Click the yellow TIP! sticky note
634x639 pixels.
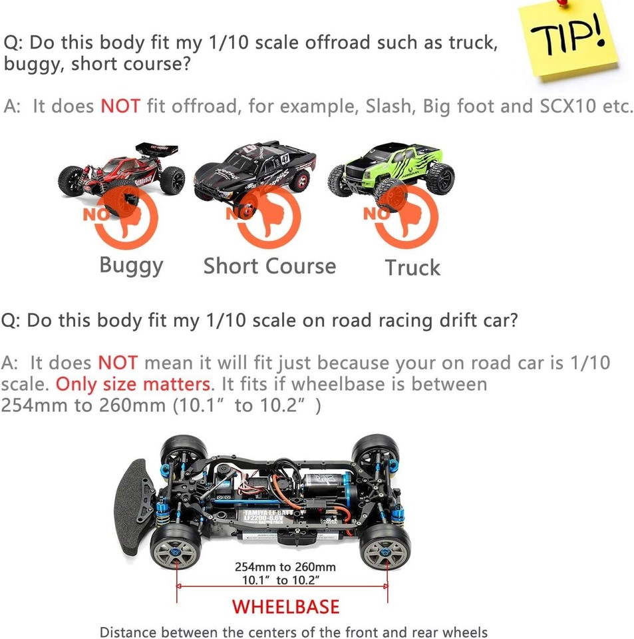pos(568,40)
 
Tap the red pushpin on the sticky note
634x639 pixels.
pos(563,2)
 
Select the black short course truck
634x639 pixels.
pos(255,171)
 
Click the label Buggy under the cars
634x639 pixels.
pos(131,266)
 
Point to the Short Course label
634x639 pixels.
pos(269,266)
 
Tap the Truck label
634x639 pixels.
pos(412,268)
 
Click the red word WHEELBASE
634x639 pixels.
pos(286,607)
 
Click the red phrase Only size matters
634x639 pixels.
pos(133,384)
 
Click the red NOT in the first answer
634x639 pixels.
pos(120,106)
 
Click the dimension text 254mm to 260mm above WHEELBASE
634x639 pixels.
pos(285,567)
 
